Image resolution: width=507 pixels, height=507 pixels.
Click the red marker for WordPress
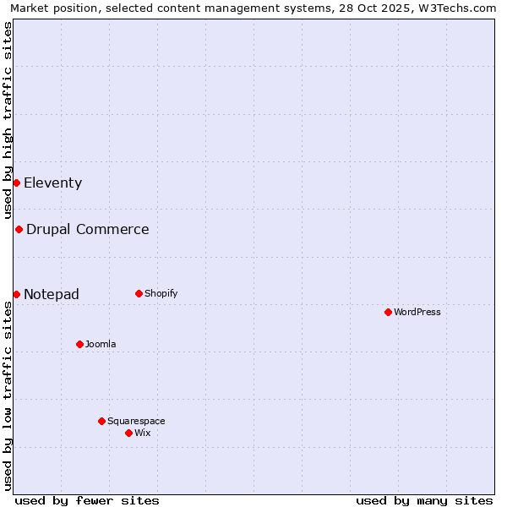[x=388, y=312]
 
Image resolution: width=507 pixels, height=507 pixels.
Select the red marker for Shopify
[x=139, y=293]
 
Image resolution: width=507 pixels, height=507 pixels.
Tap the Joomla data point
[x=79, y=344]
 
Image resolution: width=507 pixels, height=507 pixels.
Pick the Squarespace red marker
[x=101, y=421]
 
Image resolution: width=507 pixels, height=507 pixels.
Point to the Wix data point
[x=128, y=433]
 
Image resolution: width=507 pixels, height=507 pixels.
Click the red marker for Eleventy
[x=16, y=183]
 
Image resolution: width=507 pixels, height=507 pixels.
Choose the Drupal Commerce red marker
[x=19, y=229]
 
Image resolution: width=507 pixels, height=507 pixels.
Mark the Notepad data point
[x=16, y=294]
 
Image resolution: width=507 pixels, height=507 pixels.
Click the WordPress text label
[x=417, y=312]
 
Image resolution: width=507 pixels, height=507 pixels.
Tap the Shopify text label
[x=161, y=293]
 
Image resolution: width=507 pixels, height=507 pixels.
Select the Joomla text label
[x=101, y=344]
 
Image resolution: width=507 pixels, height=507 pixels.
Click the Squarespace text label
[x=136, y=421]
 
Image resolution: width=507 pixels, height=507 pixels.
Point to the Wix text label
[x=143, y=433]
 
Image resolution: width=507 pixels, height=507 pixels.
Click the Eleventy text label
[x=52, y=183]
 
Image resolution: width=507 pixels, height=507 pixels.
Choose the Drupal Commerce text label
[x=88, y=229]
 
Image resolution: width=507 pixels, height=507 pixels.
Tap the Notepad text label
[x=52, y=294]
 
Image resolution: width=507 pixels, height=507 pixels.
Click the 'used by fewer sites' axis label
[x=87, y=500]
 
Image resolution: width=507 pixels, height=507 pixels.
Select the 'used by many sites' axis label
[x=424, y=500]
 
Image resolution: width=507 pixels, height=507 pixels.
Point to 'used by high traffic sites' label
[x=8, y=120]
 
